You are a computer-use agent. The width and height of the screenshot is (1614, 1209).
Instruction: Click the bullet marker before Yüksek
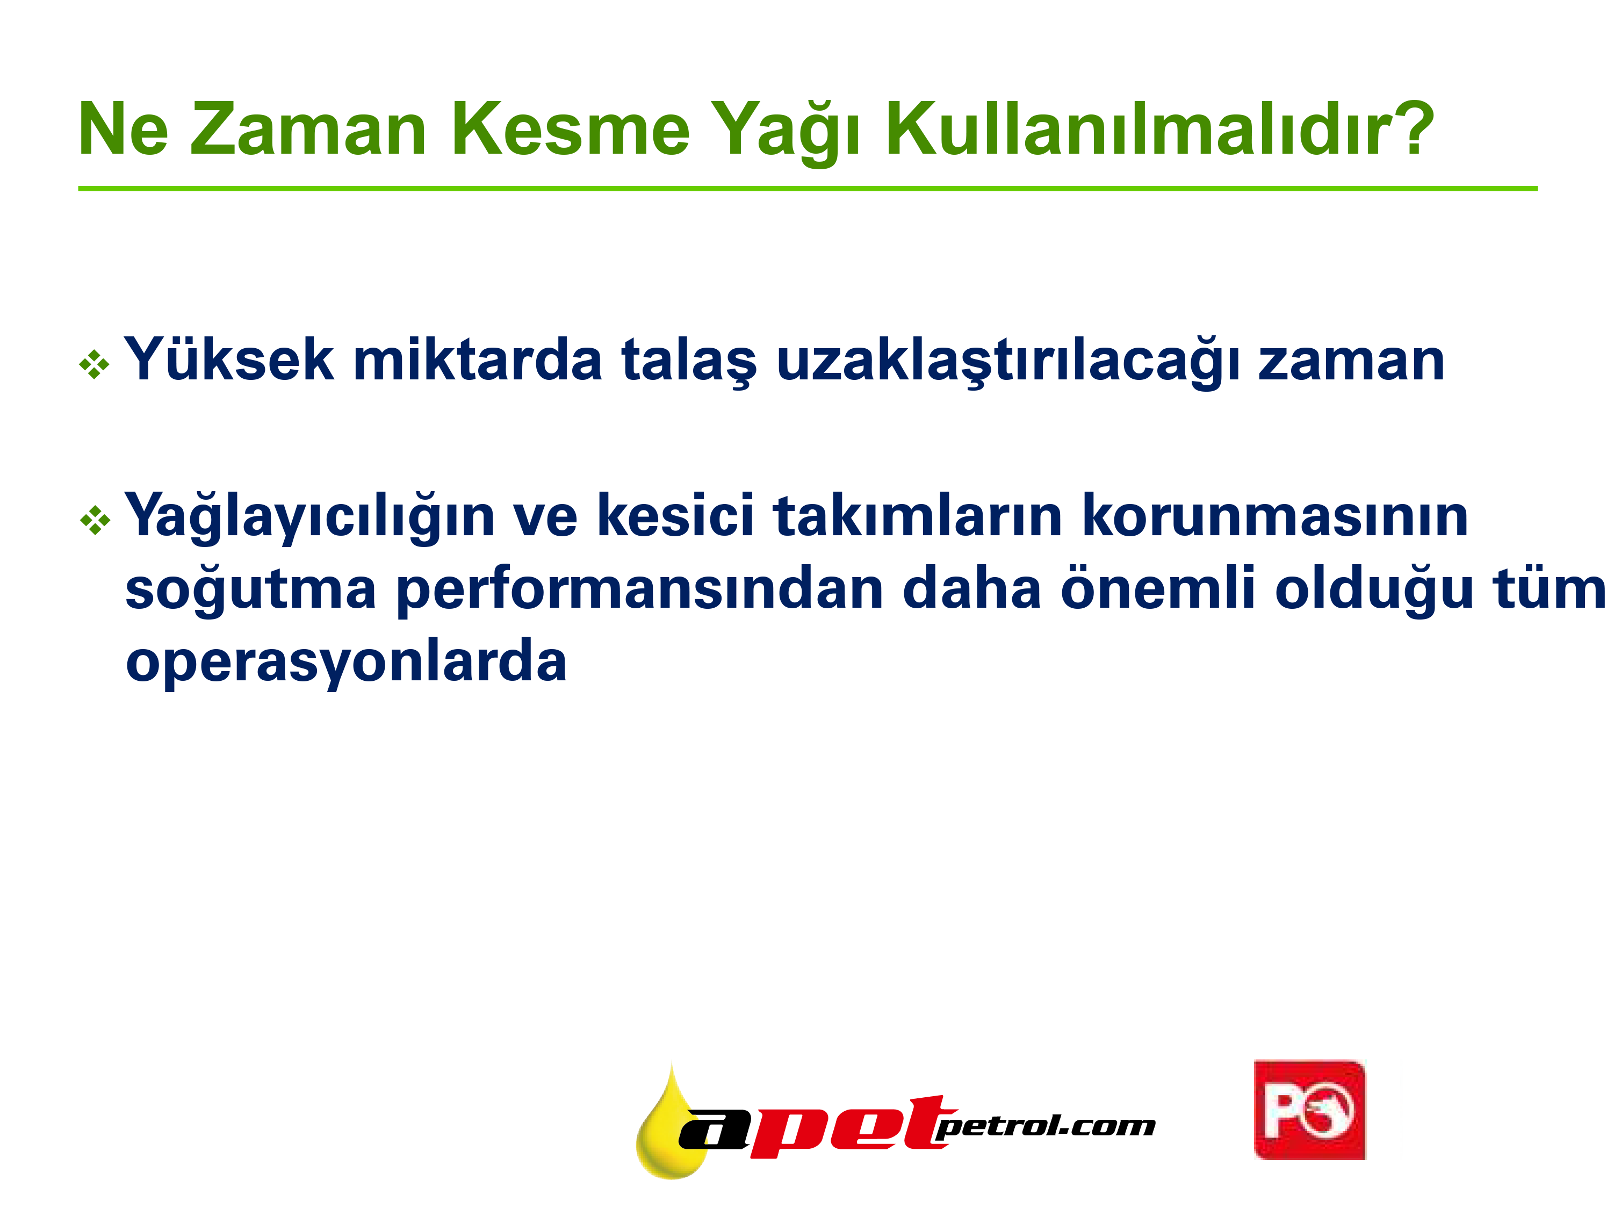point(94,365)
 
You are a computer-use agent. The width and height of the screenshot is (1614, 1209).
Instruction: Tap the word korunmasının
point(1275,515)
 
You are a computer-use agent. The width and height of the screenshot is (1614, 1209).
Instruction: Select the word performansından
point(640,591)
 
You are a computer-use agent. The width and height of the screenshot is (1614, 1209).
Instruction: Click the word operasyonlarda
point(346,663)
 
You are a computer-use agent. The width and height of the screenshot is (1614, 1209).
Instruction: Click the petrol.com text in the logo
point(1045,1127)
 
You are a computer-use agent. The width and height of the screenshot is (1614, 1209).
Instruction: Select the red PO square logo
point(1310,1110)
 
